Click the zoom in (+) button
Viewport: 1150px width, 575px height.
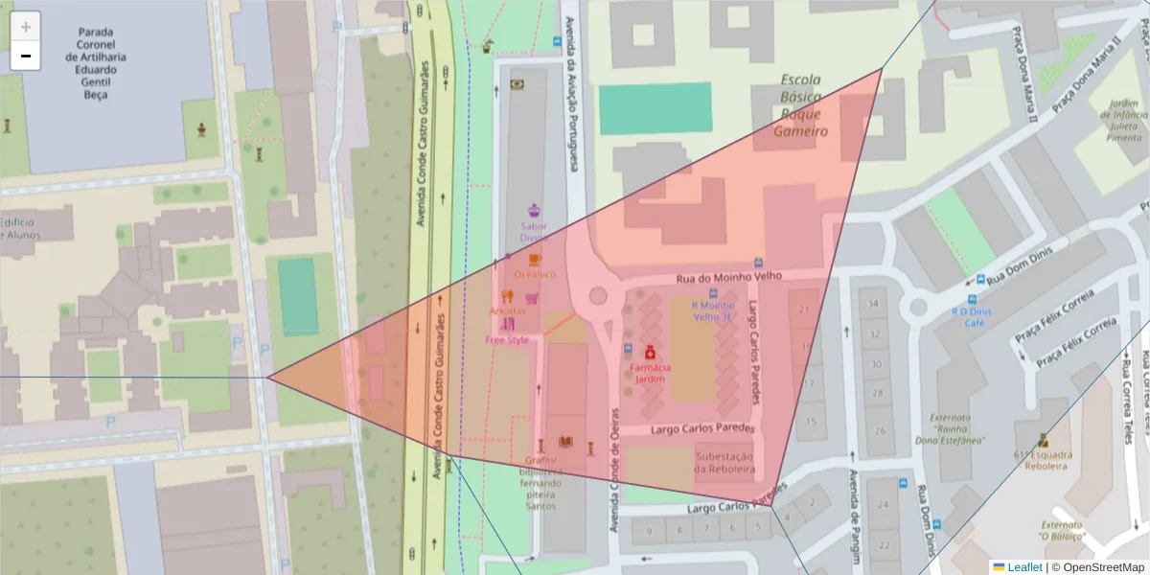point(26,27)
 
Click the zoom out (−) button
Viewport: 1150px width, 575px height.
point(26,56)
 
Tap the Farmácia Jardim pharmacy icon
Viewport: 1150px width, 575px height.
point(650,352)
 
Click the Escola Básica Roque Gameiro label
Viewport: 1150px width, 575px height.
point(801,105)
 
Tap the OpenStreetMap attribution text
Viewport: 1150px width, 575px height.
point(1097,567)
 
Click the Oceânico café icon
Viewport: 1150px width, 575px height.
point(535,259)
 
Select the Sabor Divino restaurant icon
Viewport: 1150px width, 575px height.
point(535,209)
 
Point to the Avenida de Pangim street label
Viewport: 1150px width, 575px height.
point(852,512)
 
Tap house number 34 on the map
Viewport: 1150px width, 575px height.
point(872,304)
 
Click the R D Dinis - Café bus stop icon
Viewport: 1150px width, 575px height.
point(978,281)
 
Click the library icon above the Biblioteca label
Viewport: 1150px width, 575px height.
point(565,442)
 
